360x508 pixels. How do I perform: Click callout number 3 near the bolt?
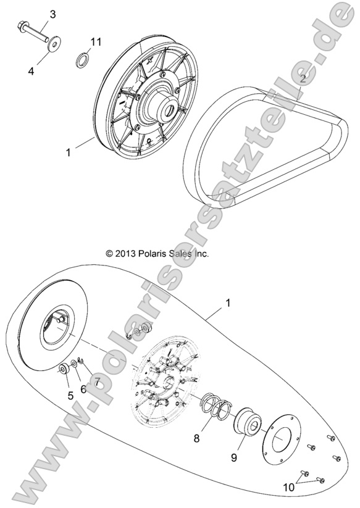(x=52, y=14)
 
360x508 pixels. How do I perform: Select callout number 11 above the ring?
(x=95, y=41)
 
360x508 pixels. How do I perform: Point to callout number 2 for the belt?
(x=303, y=78)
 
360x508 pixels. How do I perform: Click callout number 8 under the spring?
(x=196, y=439)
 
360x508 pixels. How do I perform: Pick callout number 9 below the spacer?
(x=234, y=457)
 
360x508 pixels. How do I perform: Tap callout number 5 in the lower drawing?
(x=70, y=396)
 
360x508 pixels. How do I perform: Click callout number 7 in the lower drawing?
(x=96, y=383)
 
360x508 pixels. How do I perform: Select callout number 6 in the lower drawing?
(x=83, y=389)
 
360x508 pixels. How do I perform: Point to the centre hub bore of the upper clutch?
(x=167, y=109)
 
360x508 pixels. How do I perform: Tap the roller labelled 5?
(x=64, y=370)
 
